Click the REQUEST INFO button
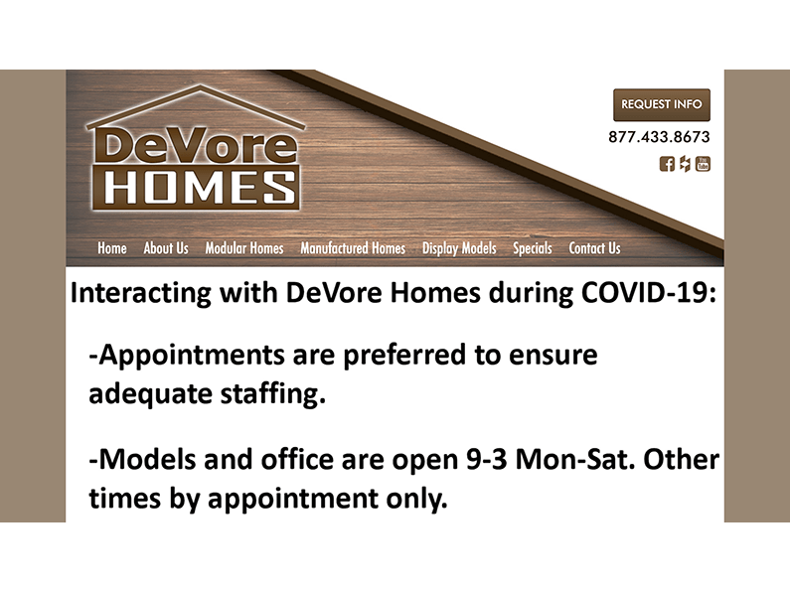661,104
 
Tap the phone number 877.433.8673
659,137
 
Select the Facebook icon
667,164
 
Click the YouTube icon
703,164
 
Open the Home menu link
112,248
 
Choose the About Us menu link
166,248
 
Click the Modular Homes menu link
244,248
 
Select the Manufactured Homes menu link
353,248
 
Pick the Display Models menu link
459,248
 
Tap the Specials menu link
533,248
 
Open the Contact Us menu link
594,248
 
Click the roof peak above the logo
195,90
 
